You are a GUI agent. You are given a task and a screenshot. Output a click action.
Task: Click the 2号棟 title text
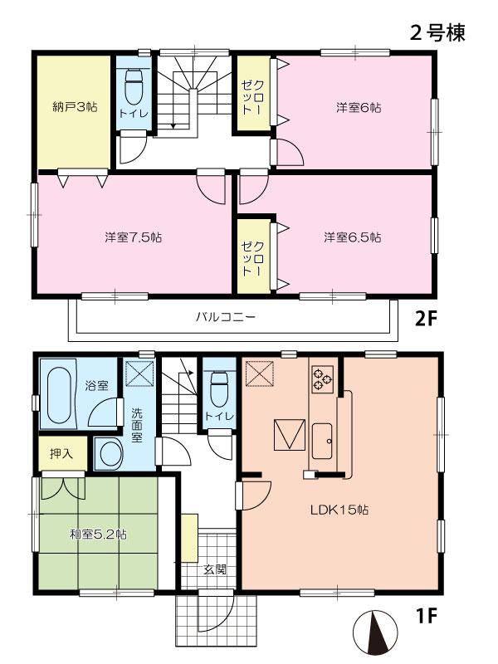437,33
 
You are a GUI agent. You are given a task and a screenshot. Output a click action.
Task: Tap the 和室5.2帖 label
98,535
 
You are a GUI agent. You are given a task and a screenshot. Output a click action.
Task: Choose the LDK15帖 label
341,510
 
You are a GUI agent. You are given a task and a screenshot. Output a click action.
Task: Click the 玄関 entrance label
214,570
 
